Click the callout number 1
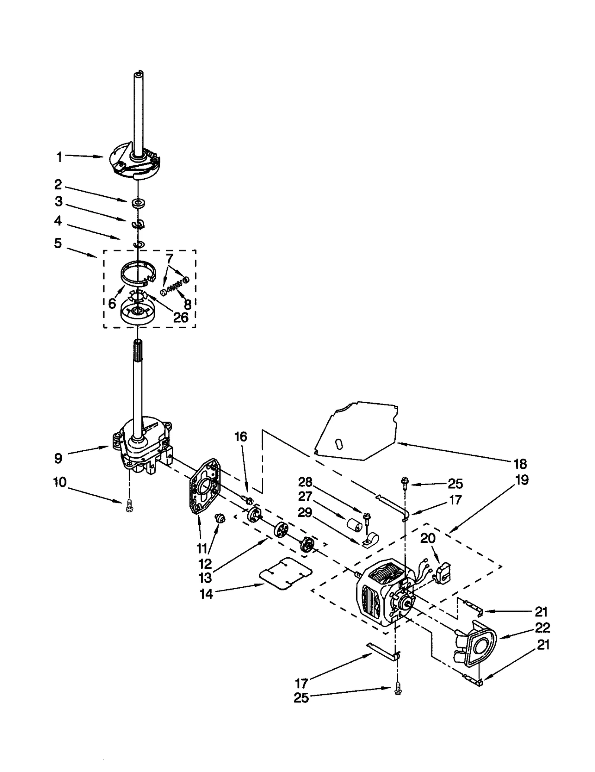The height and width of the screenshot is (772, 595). tap(59, 157)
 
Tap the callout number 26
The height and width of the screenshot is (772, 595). tap(181, 317)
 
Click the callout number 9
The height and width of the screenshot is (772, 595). tap(58, 458)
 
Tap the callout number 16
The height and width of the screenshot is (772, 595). tap(241, 436)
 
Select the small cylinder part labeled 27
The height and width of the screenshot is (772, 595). tap(354, 525)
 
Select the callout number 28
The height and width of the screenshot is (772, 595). tap(305, 482)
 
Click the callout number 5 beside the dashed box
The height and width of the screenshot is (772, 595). tap(58, 243)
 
